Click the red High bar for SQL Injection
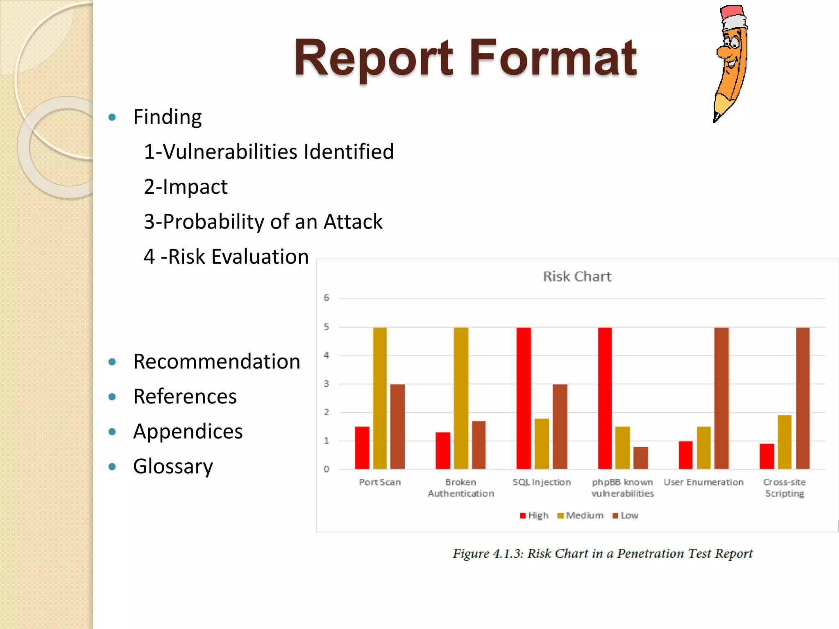tap(523, 398)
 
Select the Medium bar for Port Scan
tap(380, 398)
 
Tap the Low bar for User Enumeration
tap(721, 398)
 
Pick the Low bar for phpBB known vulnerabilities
tap(640, 458)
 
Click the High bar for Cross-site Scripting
tap(766, 456)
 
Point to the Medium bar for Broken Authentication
tap(461, 398)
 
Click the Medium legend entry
tap(581, 516)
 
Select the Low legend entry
tap(626, 516)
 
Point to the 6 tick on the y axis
tap(327, 298)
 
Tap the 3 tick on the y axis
tap(327, 384)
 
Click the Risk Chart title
tap(577, 276)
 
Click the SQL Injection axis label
tap(542, 482)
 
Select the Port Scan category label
tap(380, 482)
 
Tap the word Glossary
tap(173, 466)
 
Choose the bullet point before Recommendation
tap(112, 362)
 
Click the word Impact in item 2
tap(195, 187)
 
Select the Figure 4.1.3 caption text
tap(603, 554)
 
